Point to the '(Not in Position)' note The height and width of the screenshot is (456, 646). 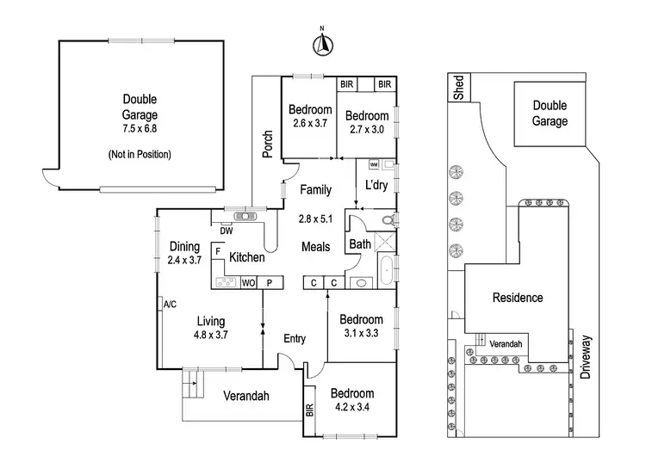point(139,155)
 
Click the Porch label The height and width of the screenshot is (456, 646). point(268,144)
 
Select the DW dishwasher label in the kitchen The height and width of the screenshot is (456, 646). point(227,230)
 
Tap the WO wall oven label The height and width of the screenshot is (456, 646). point(248,281)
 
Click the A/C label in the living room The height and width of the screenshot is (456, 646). point(169,304)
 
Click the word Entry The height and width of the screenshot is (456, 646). point(295,339)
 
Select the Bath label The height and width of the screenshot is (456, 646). point(359,245)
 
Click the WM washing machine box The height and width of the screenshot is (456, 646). point(374,163)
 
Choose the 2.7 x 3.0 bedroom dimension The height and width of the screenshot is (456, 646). point(369,129)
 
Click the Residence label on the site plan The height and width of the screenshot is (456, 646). point(517,298)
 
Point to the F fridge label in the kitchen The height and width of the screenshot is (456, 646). point(220,251)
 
